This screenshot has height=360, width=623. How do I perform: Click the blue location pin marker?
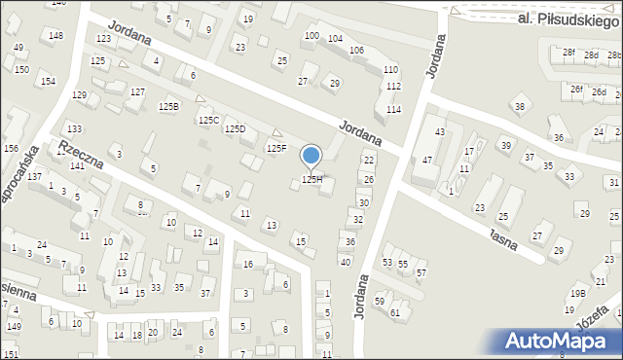click(x=311, y=156)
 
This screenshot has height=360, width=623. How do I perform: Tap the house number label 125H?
click(x=311, y=180)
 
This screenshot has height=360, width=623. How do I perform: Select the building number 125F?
click(x=277, y=149)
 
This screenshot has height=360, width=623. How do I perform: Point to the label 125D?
click(x=235, y=129)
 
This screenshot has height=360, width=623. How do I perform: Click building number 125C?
click(x=208, y=120)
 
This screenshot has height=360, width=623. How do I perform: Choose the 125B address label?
click(x=169, y=105)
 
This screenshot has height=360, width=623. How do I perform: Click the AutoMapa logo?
click(x=561, y=342)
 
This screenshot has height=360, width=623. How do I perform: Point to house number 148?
click(x=55, y=36)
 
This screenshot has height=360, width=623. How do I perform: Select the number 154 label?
click(x=48, y=82)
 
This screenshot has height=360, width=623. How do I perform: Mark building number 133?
click(x=74, y=129)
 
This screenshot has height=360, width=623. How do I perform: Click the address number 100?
click(x=311, y=36)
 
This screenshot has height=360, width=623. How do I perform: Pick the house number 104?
click(x=335, y=39)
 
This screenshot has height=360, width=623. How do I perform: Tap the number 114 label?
click(x=393, y=109)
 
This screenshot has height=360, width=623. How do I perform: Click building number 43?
click(x=440, y=131)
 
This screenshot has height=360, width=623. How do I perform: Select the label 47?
click(x=427, y=159)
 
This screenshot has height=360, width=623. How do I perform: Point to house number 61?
click(x=395, y=312)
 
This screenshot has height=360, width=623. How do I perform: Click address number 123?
click(x=103, y=39)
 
